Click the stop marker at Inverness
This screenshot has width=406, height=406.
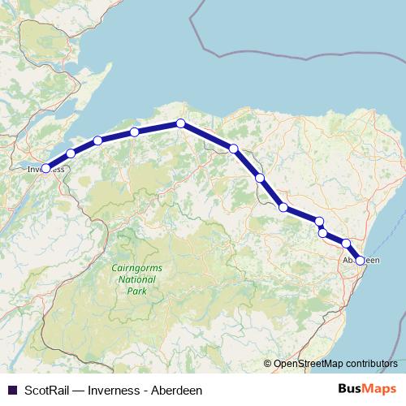(x=46, y=168)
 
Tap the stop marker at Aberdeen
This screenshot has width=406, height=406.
(x=360, y=261)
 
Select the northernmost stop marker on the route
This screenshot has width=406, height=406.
(x=181, y=123)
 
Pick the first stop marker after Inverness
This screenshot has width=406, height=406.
(x=71, y=153)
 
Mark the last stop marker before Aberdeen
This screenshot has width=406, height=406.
(x=346, y=244)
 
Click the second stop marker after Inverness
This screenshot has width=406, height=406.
(x=97, y=140)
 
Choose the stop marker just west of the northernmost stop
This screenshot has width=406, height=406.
(x=134, y=132)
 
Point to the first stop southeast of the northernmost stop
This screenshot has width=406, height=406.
(x=233, y=149)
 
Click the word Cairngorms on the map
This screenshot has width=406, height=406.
(x=131, y=266)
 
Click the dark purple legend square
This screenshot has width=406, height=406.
(x=11, y=390)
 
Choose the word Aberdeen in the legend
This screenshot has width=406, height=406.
(x=175, y=390)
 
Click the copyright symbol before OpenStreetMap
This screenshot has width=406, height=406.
(x=267, y=364)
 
